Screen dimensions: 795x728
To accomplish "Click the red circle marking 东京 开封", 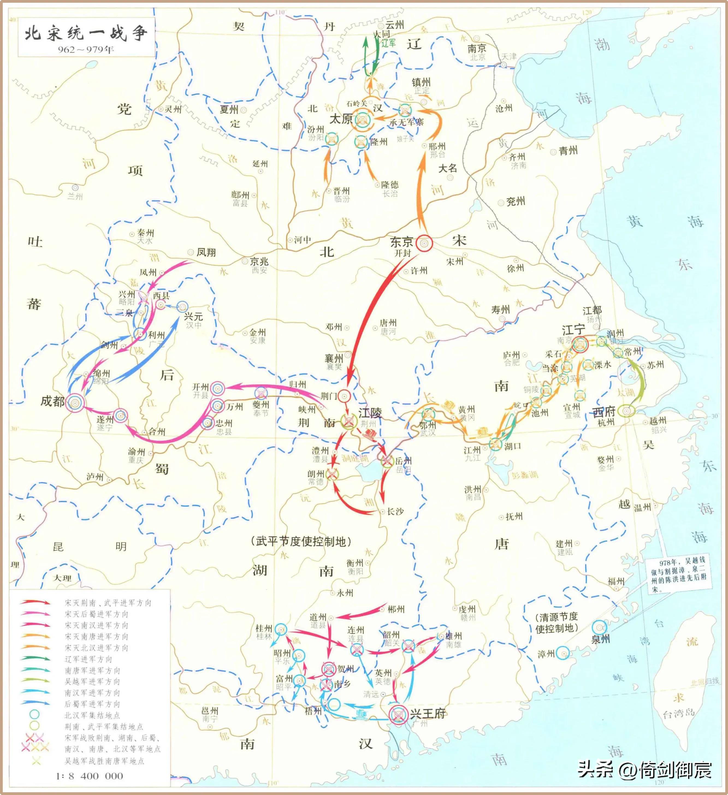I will point(424,243).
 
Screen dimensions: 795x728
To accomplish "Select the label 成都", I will point(52,401).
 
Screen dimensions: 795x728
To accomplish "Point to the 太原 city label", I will point(341,119).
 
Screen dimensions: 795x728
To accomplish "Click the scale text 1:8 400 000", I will point(90,776).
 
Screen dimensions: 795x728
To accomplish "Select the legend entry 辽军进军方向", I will point(88,659).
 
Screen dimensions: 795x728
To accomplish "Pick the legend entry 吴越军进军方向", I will point(92,681).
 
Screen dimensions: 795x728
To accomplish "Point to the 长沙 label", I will point(395,511).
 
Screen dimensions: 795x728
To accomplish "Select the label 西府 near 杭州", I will point(604,412).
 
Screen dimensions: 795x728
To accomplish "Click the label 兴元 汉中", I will point(193,320).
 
